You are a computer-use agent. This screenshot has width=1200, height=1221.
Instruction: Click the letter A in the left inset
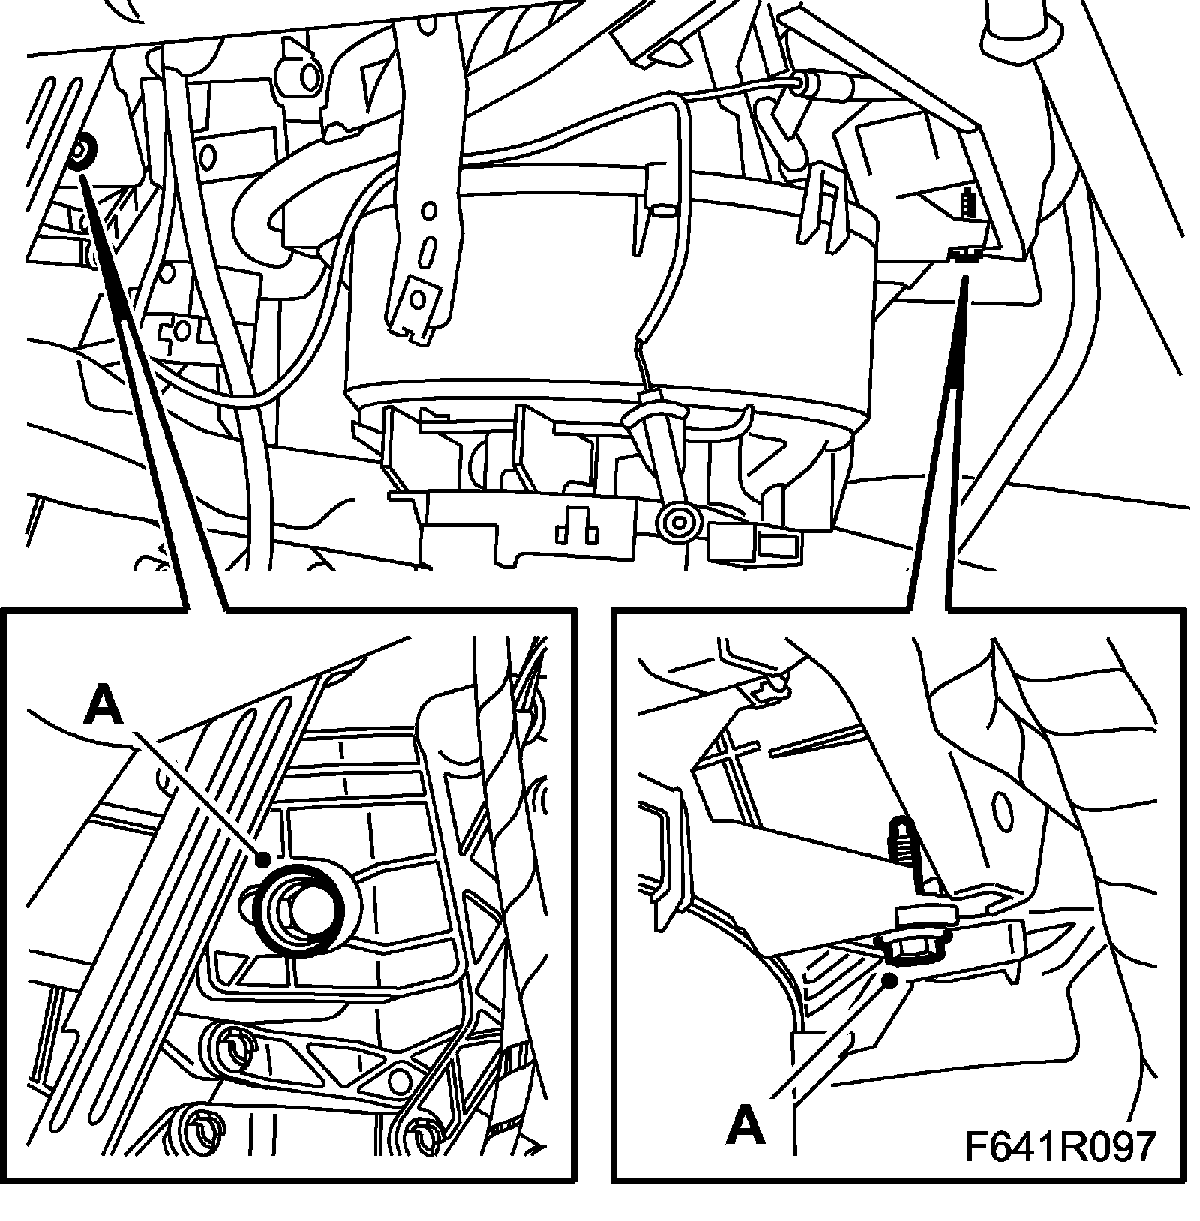pos(103,707)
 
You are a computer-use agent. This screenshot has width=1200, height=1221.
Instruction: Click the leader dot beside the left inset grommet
pos(263,860)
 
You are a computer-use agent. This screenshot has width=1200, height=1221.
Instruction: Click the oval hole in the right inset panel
pos(1001,809)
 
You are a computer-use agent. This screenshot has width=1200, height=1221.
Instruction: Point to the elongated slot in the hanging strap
pos(430,248)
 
